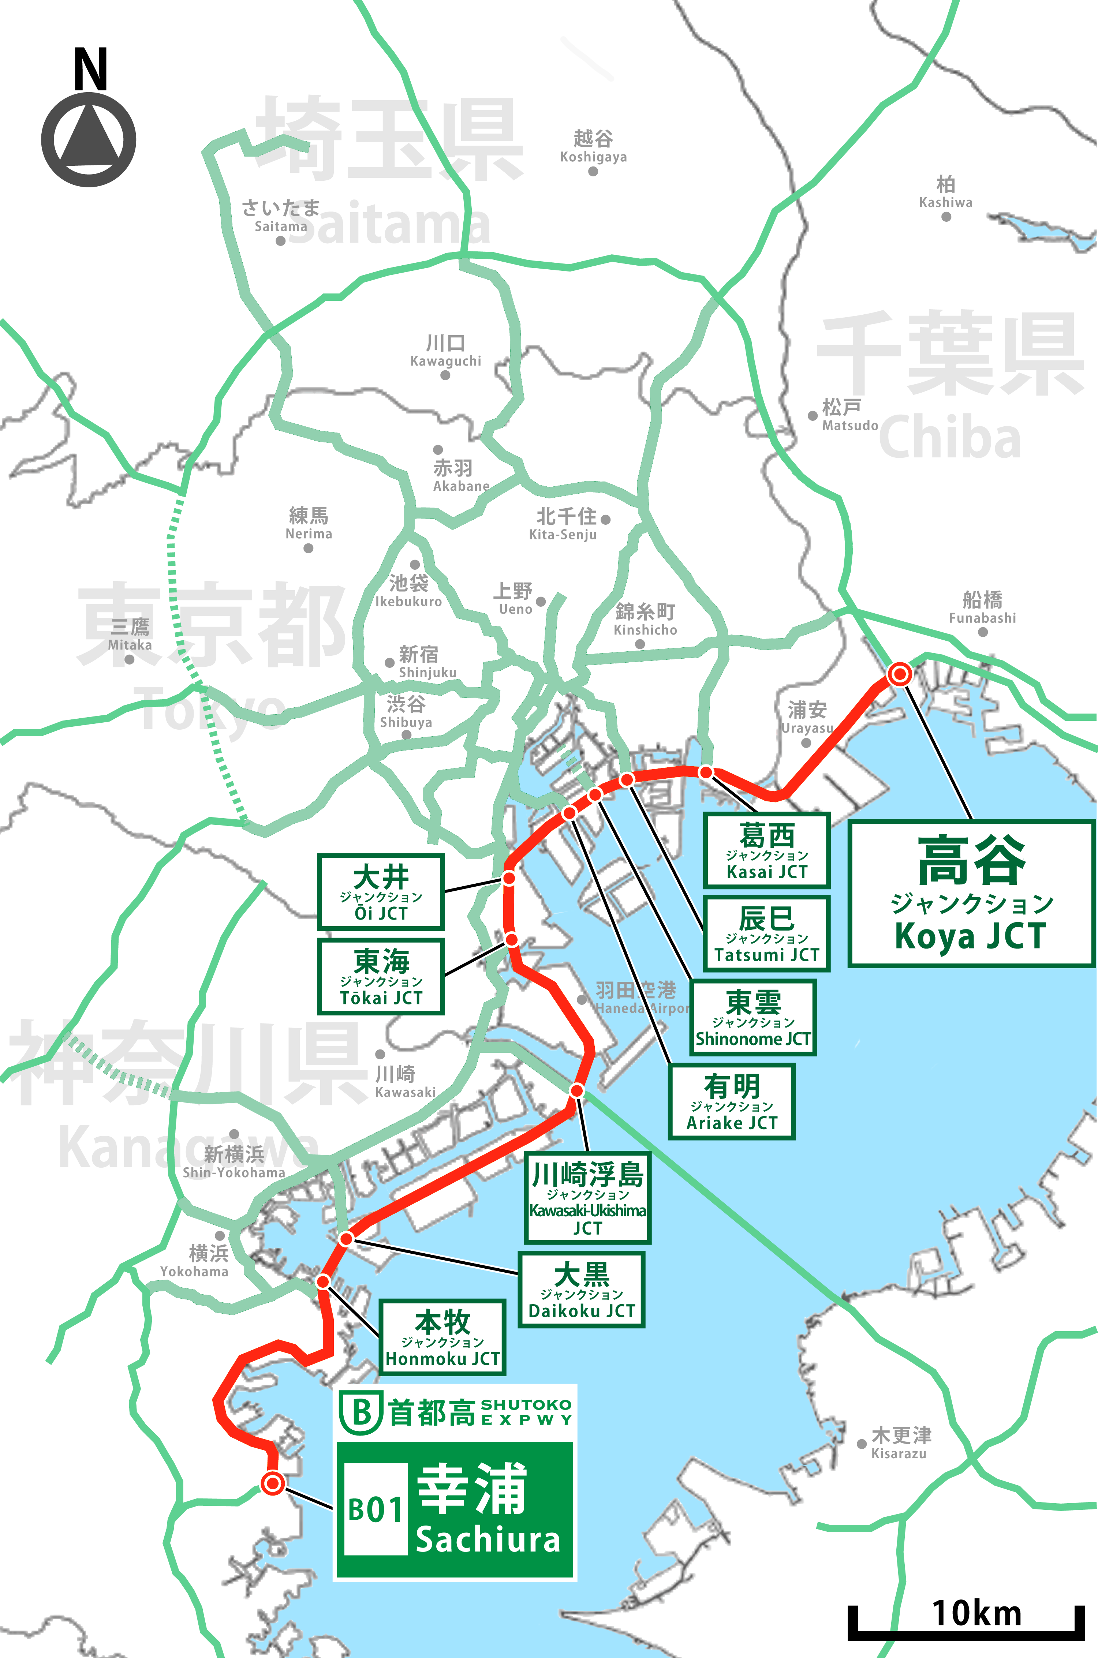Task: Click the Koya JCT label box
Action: point(971,894)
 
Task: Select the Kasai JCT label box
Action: point(767,851)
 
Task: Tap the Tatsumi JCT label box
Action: point(767,933)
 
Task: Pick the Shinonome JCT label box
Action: point(753,1017)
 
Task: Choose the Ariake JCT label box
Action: point(732,1101)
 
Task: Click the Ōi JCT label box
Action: point(381,892)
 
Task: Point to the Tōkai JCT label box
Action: point(381,977)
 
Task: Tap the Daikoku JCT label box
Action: point(581,1290)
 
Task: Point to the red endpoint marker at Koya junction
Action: point(900,674)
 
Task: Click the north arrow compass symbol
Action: point(89,139)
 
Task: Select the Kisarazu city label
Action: point(900,1443)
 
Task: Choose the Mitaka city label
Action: point(130,635)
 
